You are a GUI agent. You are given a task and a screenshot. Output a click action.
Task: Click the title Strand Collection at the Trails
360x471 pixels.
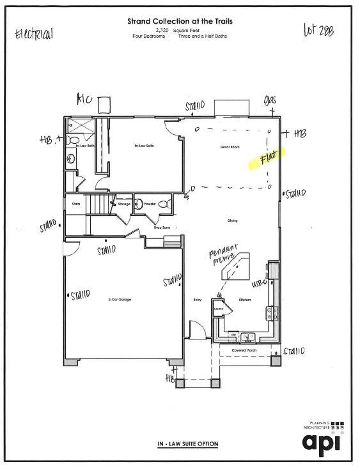[180, 21]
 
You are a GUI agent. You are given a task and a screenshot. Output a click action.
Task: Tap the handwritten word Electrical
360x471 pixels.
[34, 34]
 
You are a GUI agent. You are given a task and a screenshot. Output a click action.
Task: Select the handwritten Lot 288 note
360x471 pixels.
[318, 31]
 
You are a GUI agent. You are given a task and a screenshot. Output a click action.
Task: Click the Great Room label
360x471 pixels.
[230, 147]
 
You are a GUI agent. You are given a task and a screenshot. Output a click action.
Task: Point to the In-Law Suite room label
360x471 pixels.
[144, 146]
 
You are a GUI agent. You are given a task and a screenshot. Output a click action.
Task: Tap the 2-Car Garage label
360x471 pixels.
[120, 299]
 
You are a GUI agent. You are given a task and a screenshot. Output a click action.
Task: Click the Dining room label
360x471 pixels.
[232, 220]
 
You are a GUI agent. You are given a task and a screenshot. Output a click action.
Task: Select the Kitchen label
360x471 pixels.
[245, 300]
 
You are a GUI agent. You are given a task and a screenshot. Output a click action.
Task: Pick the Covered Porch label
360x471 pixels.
[244, 350]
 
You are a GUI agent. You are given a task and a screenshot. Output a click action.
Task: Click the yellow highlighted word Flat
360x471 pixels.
[267, 158]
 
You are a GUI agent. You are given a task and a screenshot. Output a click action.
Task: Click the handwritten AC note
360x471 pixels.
[84, 99]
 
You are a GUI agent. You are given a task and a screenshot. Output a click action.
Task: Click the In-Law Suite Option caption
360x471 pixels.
[188, 444]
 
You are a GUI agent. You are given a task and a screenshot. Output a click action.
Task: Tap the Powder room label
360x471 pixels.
[150, 204]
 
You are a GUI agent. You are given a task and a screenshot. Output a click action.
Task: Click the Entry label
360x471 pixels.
[197, 300]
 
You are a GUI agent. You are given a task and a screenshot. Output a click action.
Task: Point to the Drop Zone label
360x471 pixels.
[162, 227]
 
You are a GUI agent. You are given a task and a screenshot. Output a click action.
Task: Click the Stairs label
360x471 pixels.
[75, 204]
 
